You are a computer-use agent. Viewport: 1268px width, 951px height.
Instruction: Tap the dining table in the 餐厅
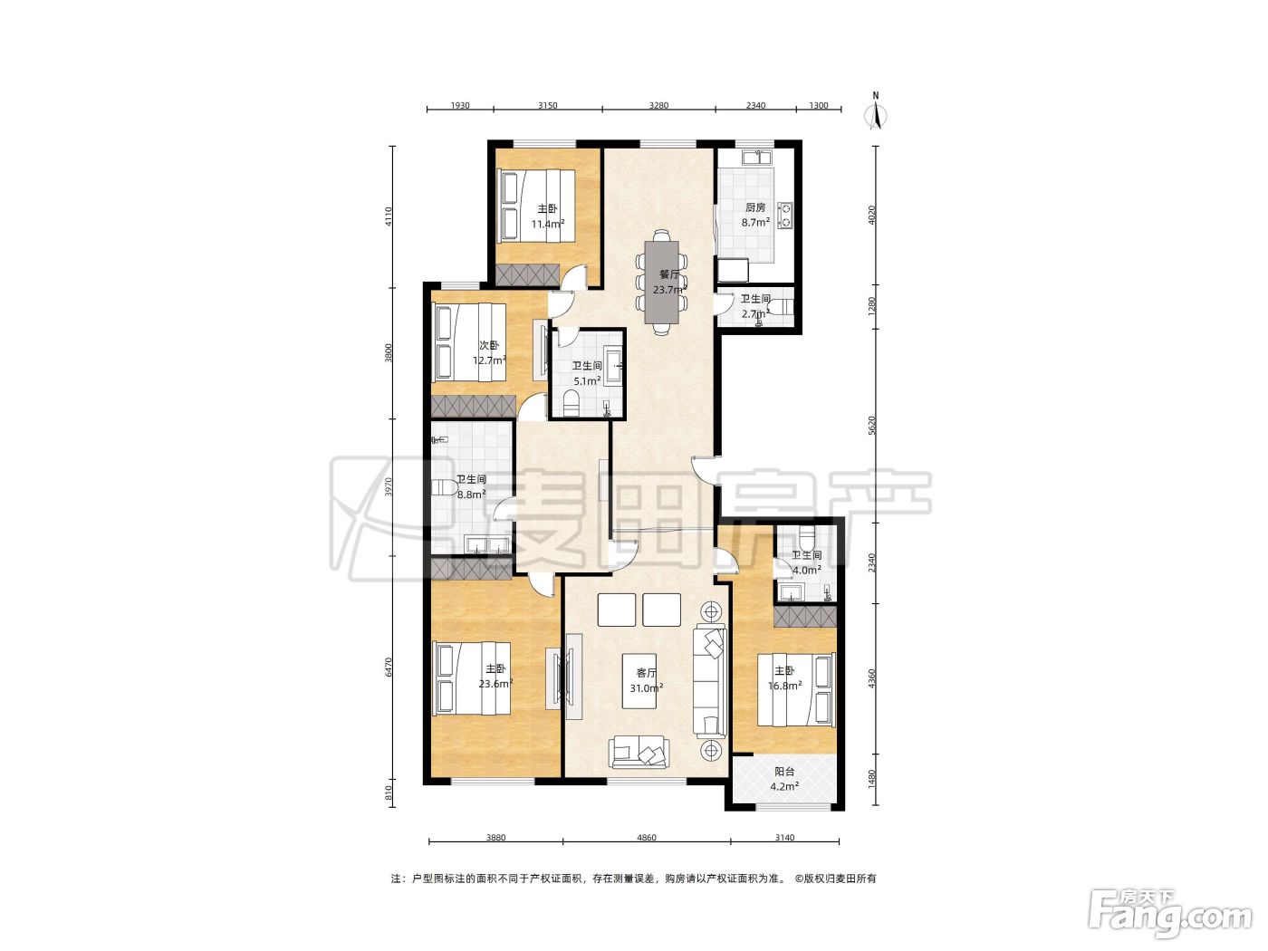click(x=661, y=283)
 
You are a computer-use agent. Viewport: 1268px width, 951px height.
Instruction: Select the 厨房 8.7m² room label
click(x=755, y=215)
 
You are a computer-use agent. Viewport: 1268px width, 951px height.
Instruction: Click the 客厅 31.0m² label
click(x=646, y=680)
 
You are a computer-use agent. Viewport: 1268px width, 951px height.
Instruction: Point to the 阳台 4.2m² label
click(x=784, y=778)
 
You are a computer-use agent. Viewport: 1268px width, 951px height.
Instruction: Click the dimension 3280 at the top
click(x=658, y=105)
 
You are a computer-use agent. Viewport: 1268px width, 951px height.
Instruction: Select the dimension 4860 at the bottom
click(x=646, y=837)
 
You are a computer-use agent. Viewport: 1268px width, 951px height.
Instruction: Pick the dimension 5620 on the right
click(x=872, y=426)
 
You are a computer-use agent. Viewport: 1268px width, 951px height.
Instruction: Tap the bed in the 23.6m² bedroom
click(x=471, y=679)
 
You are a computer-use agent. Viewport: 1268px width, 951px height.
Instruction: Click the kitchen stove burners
click(x=785, y=214)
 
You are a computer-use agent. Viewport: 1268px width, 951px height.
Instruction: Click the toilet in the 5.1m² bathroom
click(x=572, y=403)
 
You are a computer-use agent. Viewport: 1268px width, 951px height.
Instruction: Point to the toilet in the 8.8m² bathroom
click(x=444, y=486)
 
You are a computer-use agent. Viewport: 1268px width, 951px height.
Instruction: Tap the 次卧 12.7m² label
click(x=489, y=353)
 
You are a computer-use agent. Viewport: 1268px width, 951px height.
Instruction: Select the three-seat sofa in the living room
click(x=709, y=680)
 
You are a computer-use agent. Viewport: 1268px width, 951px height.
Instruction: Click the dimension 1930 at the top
click(x=460, y=105)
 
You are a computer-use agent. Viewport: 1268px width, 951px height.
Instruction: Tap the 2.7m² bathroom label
click(x=755, y=307)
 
